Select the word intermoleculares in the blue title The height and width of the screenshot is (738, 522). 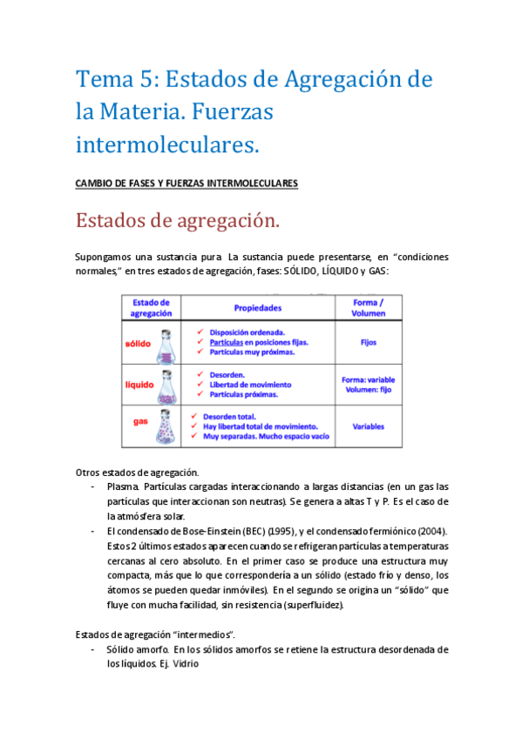167,142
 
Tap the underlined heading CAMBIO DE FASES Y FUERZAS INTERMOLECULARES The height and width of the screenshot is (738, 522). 186,184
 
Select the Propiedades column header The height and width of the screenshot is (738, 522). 257,308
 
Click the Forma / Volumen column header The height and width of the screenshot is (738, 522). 368,307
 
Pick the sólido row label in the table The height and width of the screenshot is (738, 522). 139,343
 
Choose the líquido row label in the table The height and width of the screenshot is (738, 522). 139,383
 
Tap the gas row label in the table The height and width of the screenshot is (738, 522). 139,421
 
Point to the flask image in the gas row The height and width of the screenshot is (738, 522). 167,427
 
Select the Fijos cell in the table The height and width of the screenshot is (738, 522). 368,343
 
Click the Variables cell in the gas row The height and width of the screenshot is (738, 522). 368,426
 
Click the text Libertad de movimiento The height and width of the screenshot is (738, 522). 252,384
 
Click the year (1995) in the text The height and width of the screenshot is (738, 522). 273,531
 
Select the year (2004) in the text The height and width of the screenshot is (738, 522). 427,531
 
